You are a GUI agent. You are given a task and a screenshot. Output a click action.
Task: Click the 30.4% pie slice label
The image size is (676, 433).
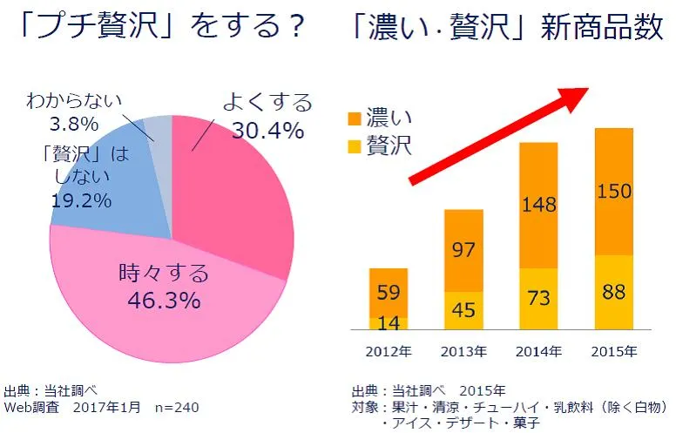tap(267, 131)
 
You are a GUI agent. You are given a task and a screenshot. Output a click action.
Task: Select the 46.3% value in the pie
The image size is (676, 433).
tap(164, 301)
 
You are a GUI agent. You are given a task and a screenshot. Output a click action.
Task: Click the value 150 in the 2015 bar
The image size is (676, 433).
tap(614, 190)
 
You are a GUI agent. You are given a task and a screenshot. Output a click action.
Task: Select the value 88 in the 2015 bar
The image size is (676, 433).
tap(614, 292)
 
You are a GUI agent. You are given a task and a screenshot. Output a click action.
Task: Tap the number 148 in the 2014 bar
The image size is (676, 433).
tap(538, 206)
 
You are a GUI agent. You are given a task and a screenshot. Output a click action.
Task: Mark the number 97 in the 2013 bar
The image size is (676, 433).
tap(463, 250)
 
